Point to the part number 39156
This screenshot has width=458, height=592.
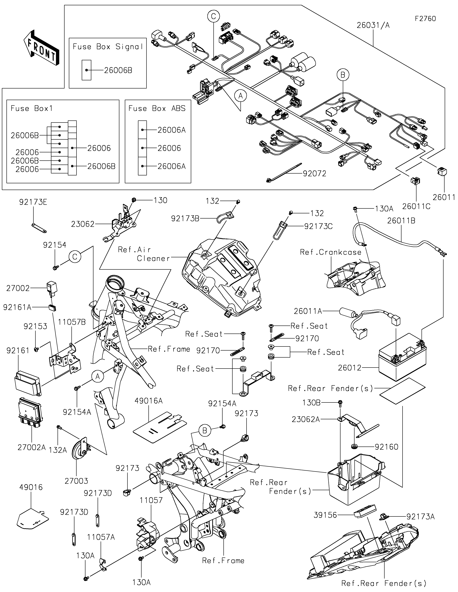pyautogui.click(x=325, y=515)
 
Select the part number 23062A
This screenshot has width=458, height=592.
pyautogui.click(x=306, y=419)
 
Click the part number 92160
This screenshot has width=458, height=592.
pyautogui.click(x=386, y=447)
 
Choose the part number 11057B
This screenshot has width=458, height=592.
pyautogui.click(x=72, y=322)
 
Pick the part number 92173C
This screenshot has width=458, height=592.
pyautogui.click(x=318, y=226)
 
